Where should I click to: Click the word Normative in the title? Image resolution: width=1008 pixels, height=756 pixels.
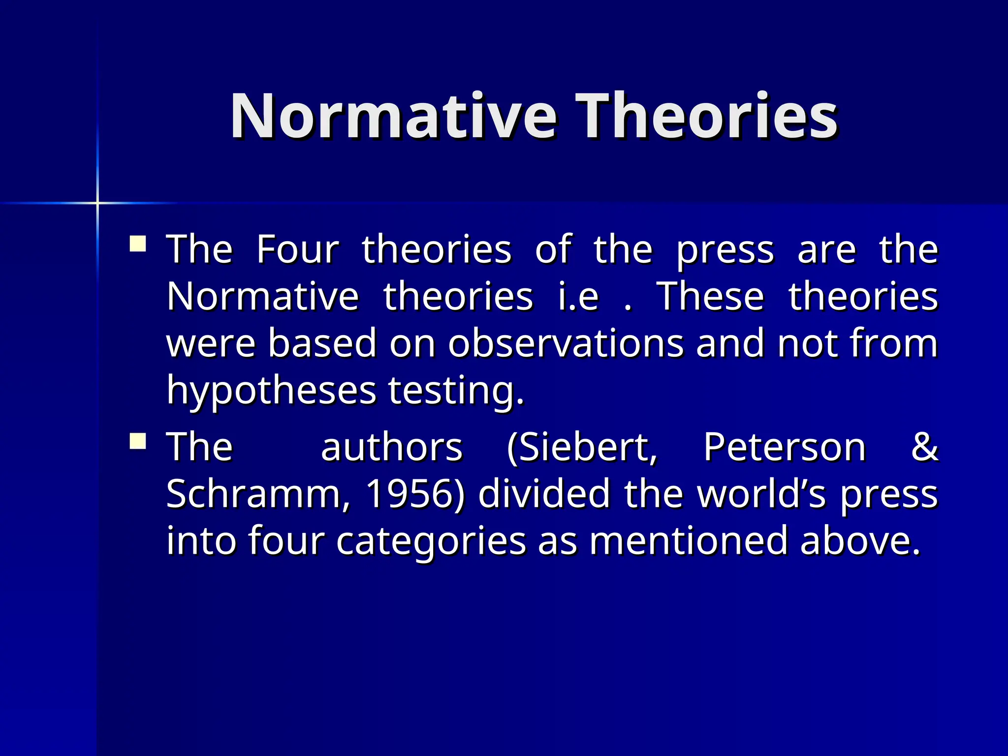click(x=394, y=117)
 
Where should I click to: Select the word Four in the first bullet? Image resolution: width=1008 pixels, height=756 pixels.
click(x=298, y=250)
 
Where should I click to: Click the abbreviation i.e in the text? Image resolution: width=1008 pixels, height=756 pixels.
click(x=578, y=296)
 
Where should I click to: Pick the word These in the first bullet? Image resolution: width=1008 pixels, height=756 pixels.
click(x=711, y=296)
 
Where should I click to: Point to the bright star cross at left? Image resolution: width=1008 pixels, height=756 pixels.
click(x=97, y=203)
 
